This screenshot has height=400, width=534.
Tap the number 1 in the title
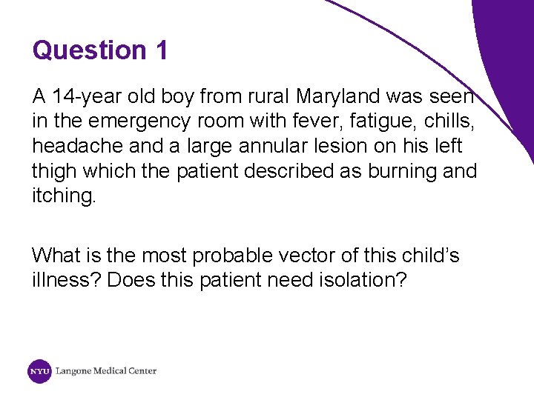click(x=162, y=50)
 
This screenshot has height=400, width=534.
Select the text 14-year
click(x=82, y=96)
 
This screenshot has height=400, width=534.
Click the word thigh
click(x=54, y=171)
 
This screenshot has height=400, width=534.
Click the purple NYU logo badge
click(x=39, y=371)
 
